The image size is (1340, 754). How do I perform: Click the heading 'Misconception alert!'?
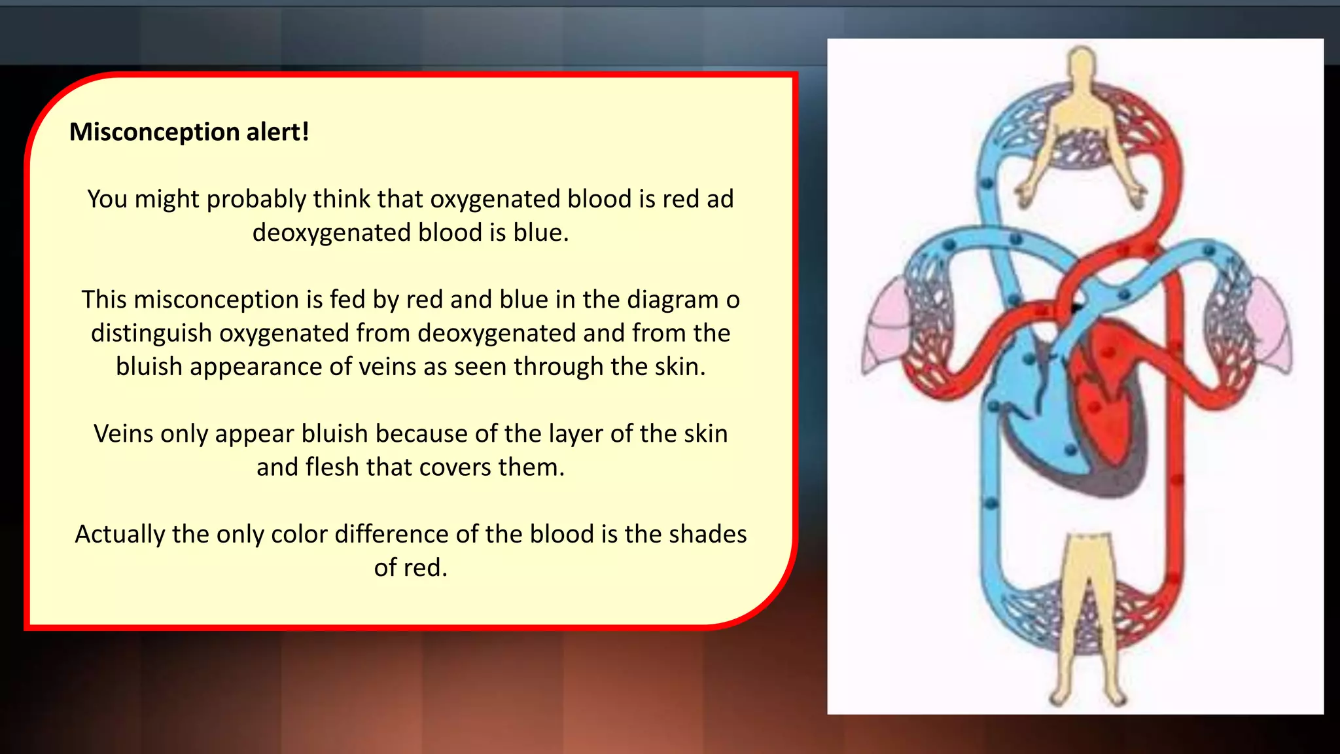(189, 132)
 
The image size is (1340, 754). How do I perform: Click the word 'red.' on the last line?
(410, 567)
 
